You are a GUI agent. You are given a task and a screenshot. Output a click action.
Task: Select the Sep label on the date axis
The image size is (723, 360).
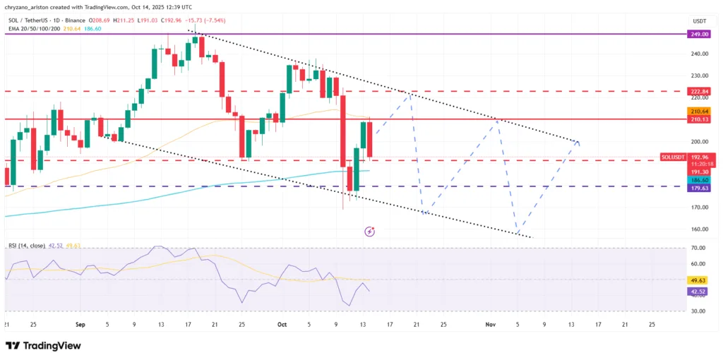point(80,324)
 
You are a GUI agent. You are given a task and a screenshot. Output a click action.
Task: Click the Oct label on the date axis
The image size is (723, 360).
point(282,324)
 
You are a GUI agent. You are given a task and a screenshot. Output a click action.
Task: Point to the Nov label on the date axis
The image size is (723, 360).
point(491,324)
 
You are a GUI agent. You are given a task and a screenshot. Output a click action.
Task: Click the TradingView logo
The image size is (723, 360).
point(42,346)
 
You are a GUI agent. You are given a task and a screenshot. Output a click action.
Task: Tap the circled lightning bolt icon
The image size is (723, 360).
point(369,231)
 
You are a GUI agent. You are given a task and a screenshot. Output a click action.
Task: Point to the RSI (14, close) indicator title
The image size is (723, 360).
point(28,246)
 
